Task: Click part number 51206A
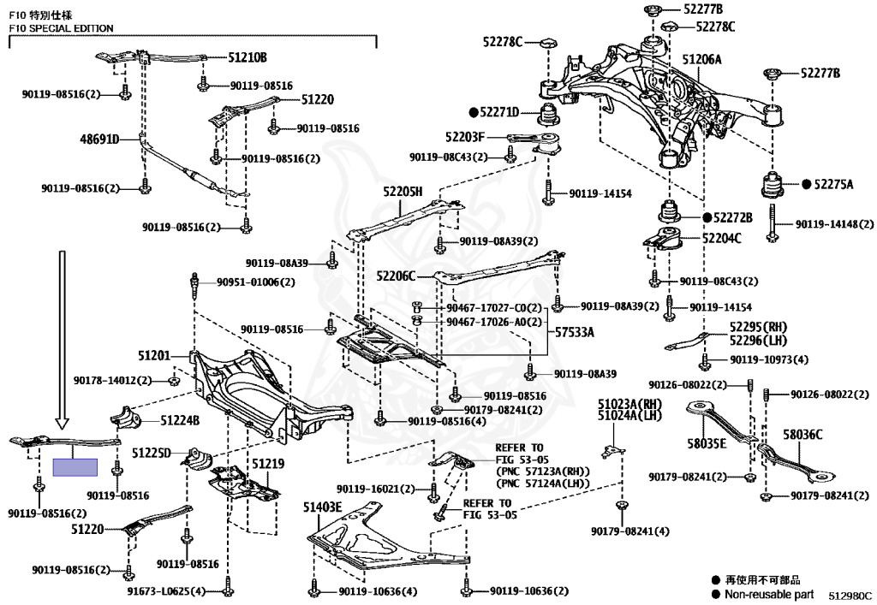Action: click(701, 60)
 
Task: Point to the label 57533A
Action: click(575, 331)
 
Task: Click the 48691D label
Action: click(99, 139)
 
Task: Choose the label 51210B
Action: click(248, 58)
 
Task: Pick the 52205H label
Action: click(403, 192)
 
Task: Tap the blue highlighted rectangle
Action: click(75, 467)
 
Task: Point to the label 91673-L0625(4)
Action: click(167, 590)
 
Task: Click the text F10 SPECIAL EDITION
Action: click(61, 28)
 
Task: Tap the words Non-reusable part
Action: click(768, 594)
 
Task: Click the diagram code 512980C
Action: click(849, 594)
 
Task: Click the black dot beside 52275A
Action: click(806, 184)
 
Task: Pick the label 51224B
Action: click(180, 420)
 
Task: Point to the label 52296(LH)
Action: click(758, 339)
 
